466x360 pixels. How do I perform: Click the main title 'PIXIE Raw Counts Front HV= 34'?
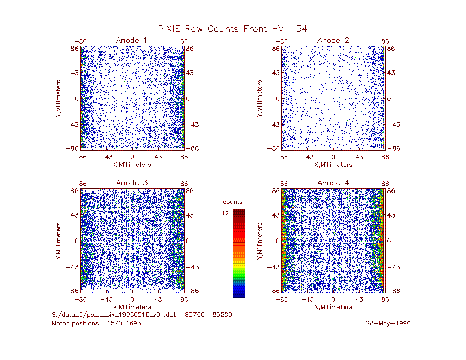pyautogui.click(x=232, y=29)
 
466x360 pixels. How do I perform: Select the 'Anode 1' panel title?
pyautogui.click(x=132, y=40)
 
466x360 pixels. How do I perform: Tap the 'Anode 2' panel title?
pyautogui.click(x=333, y=40)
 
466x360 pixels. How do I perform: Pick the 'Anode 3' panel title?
pyautogui.click(x=132, y=183)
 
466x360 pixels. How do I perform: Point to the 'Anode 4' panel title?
pyautogui.click(x=333, y=183)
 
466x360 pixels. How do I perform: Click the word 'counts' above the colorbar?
pyautogui.click(x=233, y=202)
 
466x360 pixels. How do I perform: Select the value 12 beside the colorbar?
pyautogui.click(x=225, y=213)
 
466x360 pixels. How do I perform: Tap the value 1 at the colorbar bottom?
pyautogui.click(x=227, y=296)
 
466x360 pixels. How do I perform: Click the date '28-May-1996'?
pyautogui.click(x=388, y=323)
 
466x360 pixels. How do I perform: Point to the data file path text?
pyautogui.click(x=113, y=315)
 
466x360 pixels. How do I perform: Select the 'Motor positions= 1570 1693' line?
pyautogui.click(x=96, y=323)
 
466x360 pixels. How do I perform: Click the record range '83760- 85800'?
pyautogui.click(x=208, y=315)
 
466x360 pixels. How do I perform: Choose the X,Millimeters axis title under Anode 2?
pyautogui.click(x=333, y=165)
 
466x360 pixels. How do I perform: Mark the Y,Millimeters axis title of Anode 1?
pyautogui.click(x=58, y=99)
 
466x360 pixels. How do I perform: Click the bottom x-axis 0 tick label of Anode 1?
pyautogui.click(x=132, y=157)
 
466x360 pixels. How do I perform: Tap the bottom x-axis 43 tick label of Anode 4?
pyautogui.click(x=359, y=299)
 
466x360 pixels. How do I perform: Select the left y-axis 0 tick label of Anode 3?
pyautogui.click(x=77, y=241)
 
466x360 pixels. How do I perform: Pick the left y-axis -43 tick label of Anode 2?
pyautogui.click(x=274, y=125)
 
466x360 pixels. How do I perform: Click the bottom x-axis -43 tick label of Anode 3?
pyautogui.click(x=106, y=299)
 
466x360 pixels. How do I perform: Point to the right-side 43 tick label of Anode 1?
pyautogui.click(x=190, y=73)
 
